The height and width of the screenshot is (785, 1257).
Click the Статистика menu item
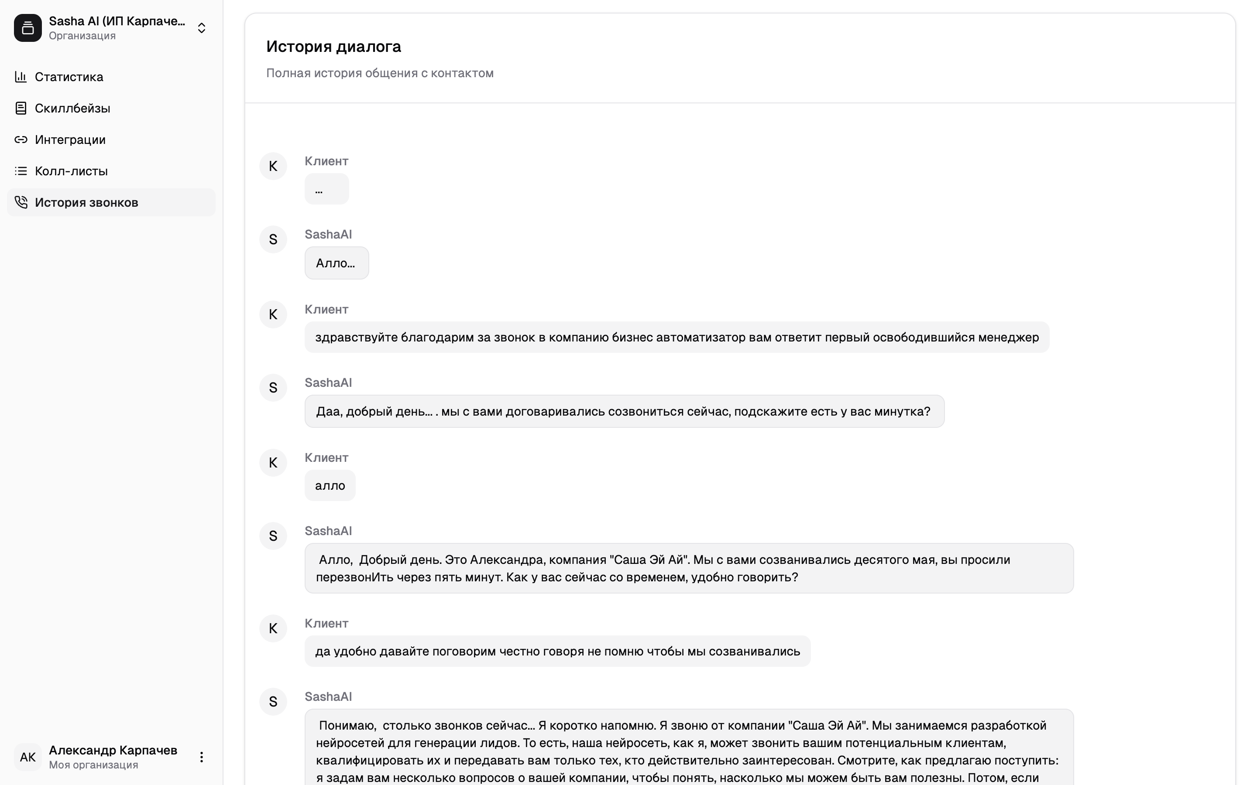69,77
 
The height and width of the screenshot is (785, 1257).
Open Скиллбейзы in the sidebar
72,108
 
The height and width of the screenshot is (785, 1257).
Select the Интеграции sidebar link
70,140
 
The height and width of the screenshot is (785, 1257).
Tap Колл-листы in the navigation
71,171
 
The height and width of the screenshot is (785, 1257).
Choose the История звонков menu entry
86,202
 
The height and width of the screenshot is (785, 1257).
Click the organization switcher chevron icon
202,28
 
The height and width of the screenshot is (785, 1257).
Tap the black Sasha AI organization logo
28,28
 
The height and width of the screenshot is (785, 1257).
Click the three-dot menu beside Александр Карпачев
202,757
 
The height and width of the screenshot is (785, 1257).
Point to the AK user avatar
28,757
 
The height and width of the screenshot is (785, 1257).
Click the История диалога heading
333,47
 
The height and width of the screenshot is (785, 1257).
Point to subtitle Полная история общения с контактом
380,73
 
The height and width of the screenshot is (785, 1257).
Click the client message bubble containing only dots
326,189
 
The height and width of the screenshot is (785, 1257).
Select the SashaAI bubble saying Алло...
336,263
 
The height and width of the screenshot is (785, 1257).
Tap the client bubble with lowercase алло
330,485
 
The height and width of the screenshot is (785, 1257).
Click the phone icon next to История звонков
21,202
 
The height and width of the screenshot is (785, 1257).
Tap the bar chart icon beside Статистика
21,77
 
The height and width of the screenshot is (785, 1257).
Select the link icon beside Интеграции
21,140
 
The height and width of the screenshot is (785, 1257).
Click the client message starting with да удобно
557,651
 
